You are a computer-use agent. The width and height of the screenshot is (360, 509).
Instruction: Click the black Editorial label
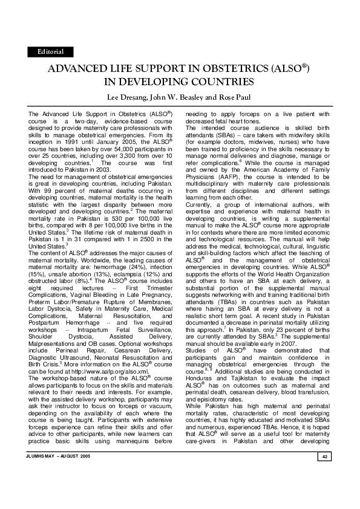51,53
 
